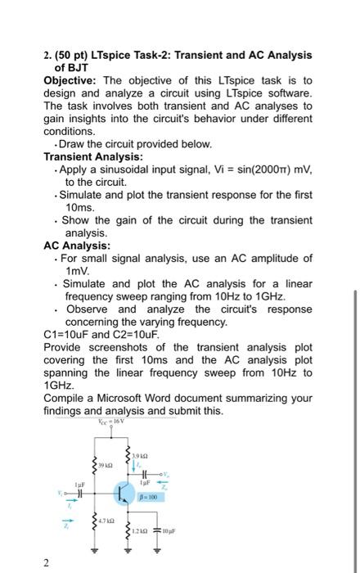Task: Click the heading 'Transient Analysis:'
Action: pyautogui.click(x=93, y=156)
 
